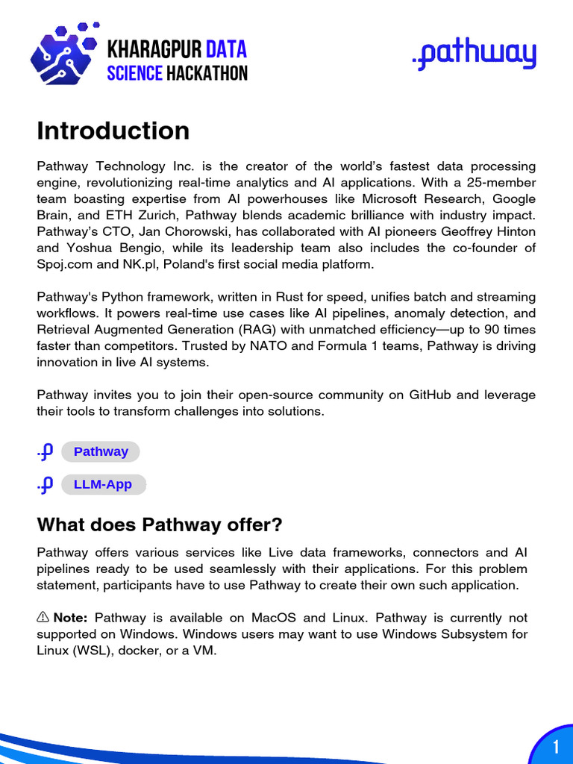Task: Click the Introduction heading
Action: pos(113,131)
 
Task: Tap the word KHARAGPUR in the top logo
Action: pos(154,50)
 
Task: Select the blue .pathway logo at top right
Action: pos(474,56)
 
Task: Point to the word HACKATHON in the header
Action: pos(207,73)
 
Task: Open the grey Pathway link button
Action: pos(101,451)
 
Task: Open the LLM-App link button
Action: pos(103,484)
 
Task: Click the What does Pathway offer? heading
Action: pos(160,525)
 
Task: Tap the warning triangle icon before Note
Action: pos(43,618)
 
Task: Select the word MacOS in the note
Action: pos(281,618)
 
